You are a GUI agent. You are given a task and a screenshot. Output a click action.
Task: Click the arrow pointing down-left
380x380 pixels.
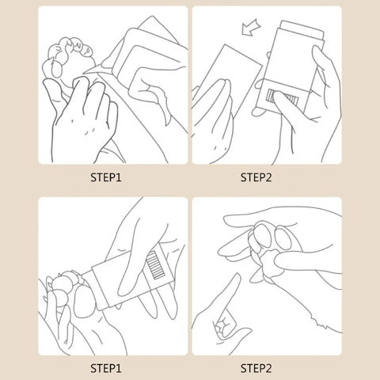click(251, 27)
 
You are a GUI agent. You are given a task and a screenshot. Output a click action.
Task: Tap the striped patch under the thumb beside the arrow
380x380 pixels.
click(283, 97)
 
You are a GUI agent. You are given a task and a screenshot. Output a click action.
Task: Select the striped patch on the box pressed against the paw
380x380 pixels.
click(155, 265)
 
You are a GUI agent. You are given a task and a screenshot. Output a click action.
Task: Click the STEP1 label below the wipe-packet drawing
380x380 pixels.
click(106, 177)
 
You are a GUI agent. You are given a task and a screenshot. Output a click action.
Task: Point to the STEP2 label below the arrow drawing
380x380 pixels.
click(256, 177)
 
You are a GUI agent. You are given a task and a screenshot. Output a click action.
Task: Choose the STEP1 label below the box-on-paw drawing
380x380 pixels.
click(106, 368)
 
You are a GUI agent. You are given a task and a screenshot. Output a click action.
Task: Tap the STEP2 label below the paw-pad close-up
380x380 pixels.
click(256, 368)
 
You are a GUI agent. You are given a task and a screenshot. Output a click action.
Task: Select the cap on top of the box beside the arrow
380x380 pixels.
click(302, 29)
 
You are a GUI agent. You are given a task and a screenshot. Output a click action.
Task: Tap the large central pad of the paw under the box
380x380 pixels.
click(84, 302)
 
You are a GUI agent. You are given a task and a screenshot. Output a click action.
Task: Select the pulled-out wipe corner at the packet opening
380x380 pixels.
click(96, 69)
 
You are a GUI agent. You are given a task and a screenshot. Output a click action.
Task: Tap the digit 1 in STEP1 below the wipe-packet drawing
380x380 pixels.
click(119, 177)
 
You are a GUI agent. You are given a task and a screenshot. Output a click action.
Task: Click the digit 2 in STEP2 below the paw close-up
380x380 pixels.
click(268, 368)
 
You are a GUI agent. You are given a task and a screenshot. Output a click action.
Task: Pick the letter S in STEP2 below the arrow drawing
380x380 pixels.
click(244, 177)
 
